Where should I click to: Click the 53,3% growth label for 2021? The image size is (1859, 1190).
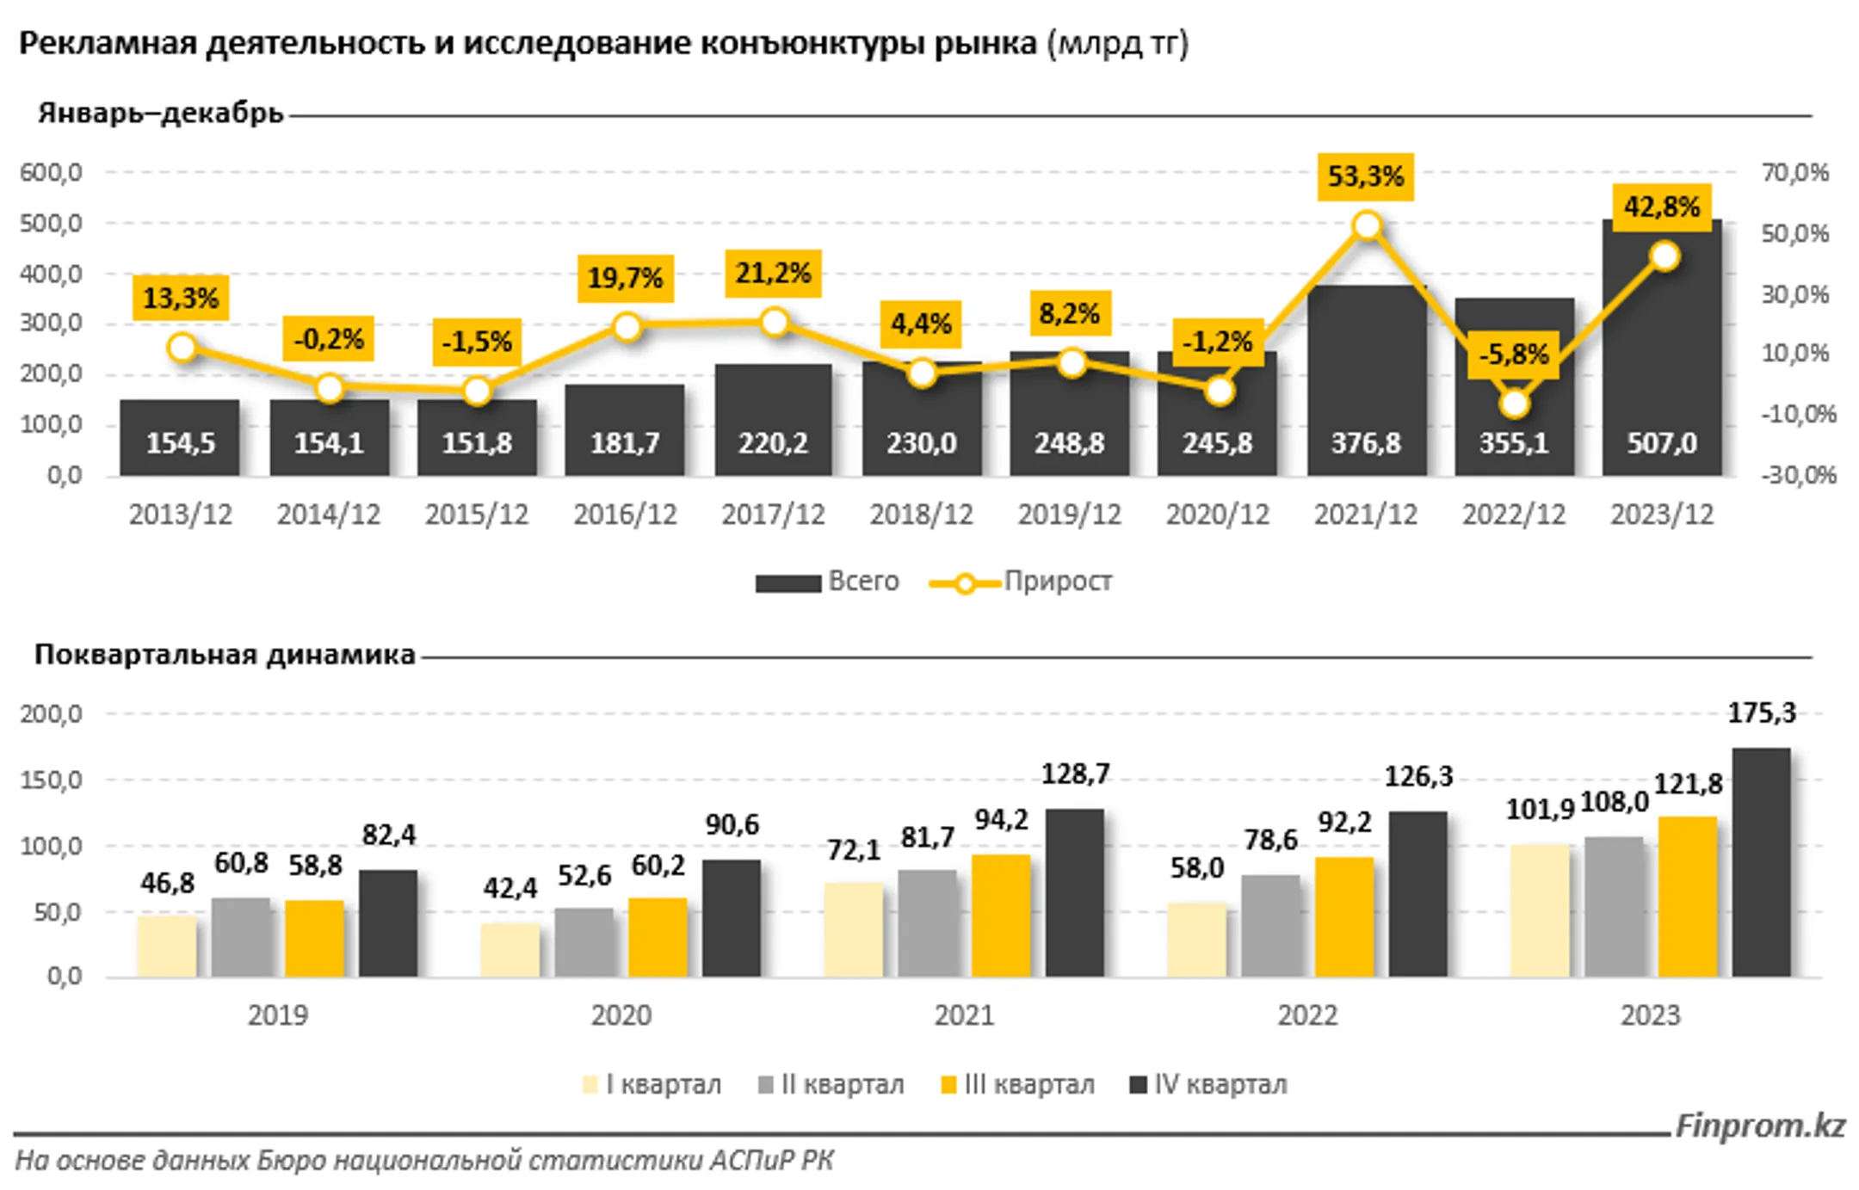point(1365,176)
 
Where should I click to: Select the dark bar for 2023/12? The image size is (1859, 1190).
point(1661,361)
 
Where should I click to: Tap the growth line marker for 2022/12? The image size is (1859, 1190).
point(1514,403)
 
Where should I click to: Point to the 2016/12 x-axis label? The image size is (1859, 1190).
point(625,515)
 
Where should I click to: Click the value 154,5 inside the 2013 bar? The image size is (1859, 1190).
point(180,443)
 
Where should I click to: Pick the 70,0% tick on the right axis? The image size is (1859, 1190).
point(1794,173)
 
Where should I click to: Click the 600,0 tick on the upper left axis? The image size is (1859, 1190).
point(52,173)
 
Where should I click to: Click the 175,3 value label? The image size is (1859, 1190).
point(1761,713)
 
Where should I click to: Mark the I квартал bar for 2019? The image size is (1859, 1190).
point(167,946)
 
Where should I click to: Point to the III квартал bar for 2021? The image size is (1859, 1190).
point(1001,916)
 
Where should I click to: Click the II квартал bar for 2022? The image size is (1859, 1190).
point(1270,926)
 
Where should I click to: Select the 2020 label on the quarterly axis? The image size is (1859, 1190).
point(621,1015)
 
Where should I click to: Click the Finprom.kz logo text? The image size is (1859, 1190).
point(1760,1125)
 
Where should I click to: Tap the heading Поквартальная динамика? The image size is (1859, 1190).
point(225,655)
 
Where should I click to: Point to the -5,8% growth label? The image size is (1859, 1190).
point(1513,354)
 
